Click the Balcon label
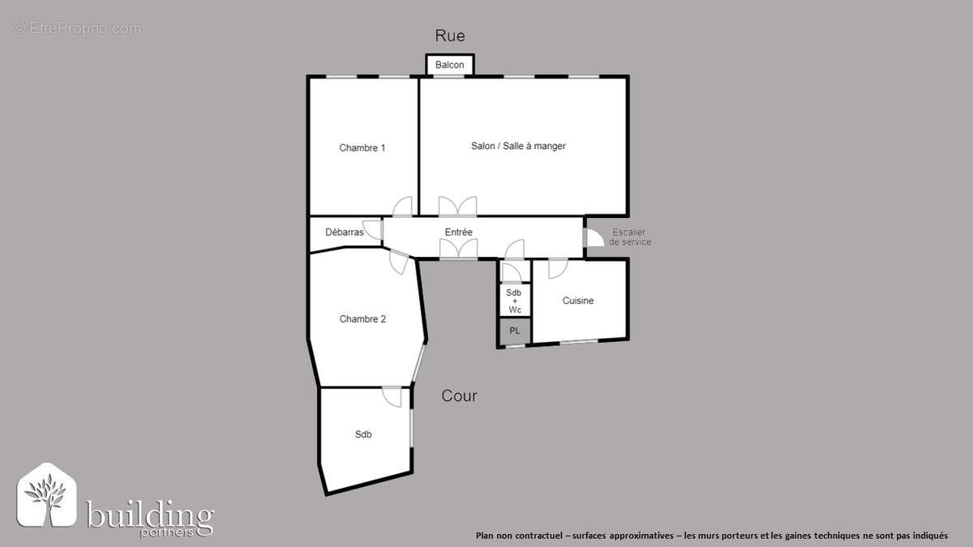pyautogui.click(x=450, y=65)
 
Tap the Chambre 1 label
pyautogui.click(x=362, y=147)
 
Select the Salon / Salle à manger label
pyautogui.click(x=518, y=146)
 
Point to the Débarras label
pyautogui.click(x=344, y=233)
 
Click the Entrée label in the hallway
pyautogui.click(x=458, y=233)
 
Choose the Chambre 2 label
pyautogui.click(x=362, y=319)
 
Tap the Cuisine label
pyautogui.click(x=578, y=301)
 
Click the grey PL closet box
pyautogui.click(x=514, y=331)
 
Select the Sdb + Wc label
pyautogui.click(x=514, y=301)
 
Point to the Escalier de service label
pyautogui.click(x=630, y=237)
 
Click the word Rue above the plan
pyautogui.click(x=450, y=36)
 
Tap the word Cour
pyautogui.click(x=459, y=396)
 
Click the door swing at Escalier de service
pyautogui.click(x=593, y=237)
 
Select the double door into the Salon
pyautogui.click(x=458, y=206)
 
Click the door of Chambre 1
pyautogui.click(x=402, y=207)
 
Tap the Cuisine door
pyautogui.click(x=558, y=267)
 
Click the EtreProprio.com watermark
pyautogui.click(x=77, y=28)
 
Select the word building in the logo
pyautogui.click(x=150, y=515)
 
